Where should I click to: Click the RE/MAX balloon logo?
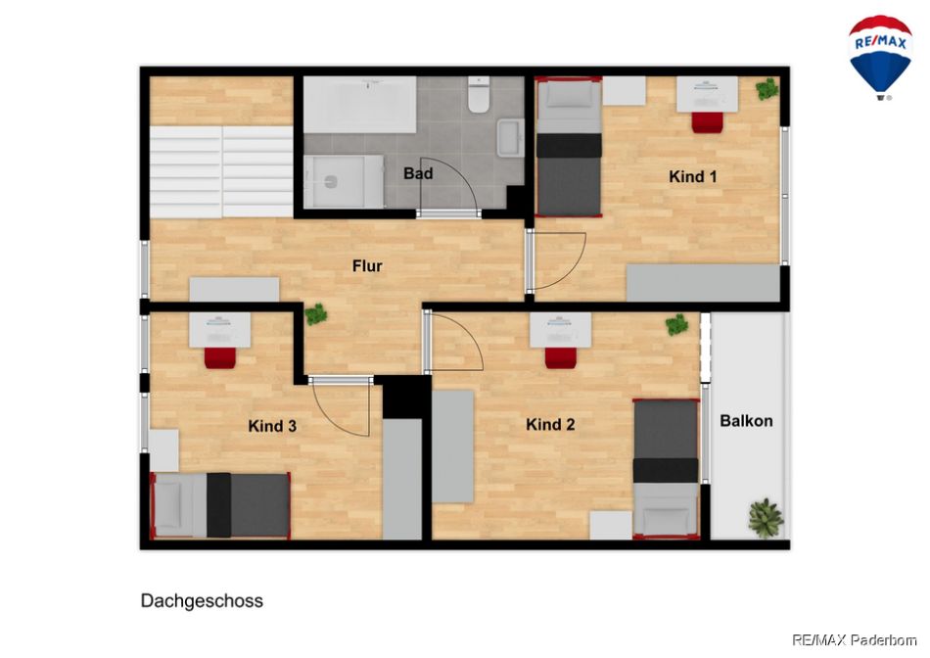point(880,58)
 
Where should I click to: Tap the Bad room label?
point(418,174)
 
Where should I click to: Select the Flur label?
point(367,265)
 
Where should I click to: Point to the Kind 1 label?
point(693,176)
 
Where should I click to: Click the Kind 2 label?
point(550,424)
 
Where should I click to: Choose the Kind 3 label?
point(272,426)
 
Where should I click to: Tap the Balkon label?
point(746,421)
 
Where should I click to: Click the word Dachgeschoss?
point(202,601)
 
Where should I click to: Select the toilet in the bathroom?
point(478,94)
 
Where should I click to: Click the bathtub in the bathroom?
point(360,105)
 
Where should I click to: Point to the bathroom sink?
point(510,138)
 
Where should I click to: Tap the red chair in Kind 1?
point(707,122)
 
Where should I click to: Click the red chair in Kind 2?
point(561,357)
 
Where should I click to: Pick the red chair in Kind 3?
point(220,357)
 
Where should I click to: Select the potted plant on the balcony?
point(767,517)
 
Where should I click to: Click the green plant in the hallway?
point(316,314)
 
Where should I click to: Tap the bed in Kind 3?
point(220,505)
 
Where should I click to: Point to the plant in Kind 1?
point(767,89)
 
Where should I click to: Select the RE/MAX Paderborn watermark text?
point(855,640)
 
